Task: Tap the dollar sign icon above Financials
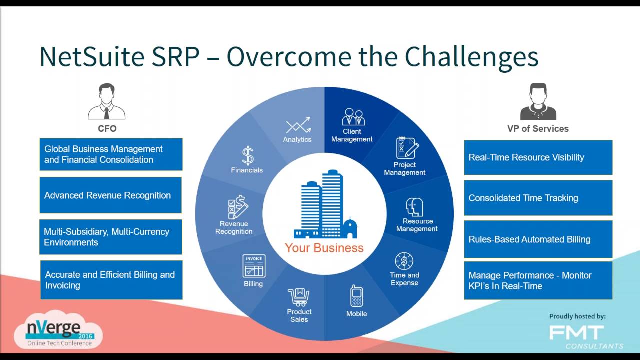click(248, 156)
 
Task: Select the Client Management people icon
click(353, 117)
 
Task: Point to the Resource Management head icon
click(415, 207)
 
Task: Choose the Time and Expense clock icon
click(404, 261)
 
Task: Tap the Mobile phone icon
click(356, 296)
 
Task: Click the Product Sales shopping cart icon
click(298, 297)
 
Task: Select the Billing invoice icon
click(254, 266)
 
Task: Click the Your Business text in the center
click(324, 248)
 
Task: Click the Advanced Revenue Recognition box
click(110, 195)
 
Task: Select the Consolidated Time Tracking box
click(538, 198)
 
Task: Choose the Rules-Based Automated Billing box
click(538, 239)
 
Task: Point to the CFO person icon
click(106, 102)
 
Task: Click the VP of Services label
click(538, 129)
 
